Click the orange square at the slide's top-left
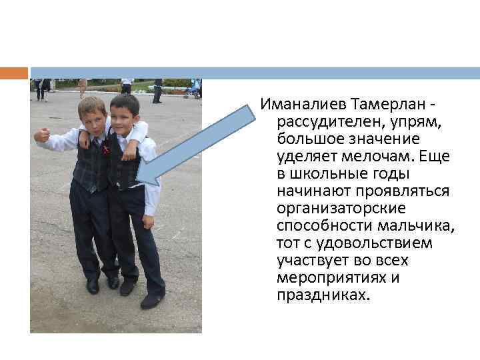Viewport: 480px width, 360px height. pos(13,73)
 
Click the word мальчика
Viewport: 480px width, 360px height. pos(420,226)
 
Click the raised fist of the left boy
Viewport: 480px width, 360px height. pos(42,135)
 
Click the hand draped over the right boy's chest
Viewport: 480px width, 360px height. pos(129,153)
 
